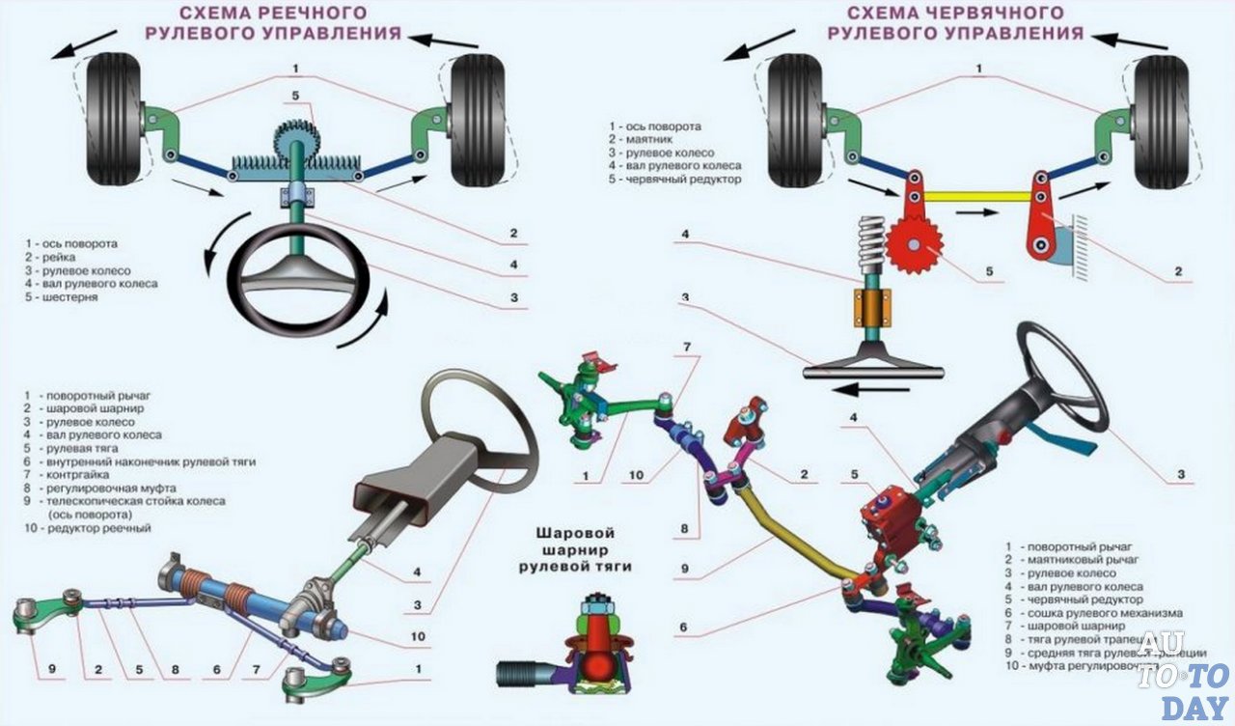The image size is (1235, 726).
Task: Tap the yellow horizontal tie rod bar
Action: point(974,196)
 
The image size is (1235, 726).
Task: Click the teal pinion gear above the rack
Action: point(291,145)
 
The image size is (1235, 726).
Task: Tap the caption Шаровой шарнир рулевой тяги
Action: point(580,549)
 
